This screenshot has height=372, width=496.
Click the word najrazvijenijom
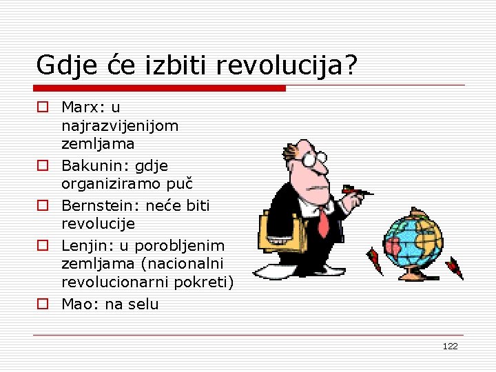click(x=120, y=127)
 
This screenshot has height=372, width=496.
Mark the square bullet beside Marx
click(x=43, y=107)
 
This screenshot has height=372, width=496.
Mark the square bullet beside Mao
click(x=43, y=304)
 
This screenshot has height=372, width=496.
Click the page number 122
click(x=450, y=346)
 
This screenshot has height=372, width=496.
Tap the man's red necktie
click(x=323, y=222)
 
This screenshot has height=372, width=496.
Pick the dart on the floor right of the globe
click(x=455, y=267)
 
